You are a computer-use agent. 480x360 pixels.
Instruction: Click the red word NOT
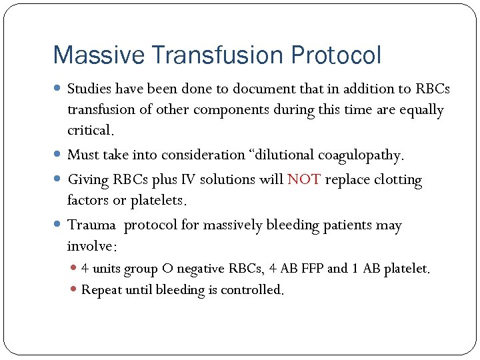tap(304, 180)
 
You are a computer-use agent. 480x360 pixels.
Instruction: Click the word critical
tap(90, 130)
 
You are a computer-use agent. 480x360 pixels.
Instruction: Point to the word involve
tap(91, 247)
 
